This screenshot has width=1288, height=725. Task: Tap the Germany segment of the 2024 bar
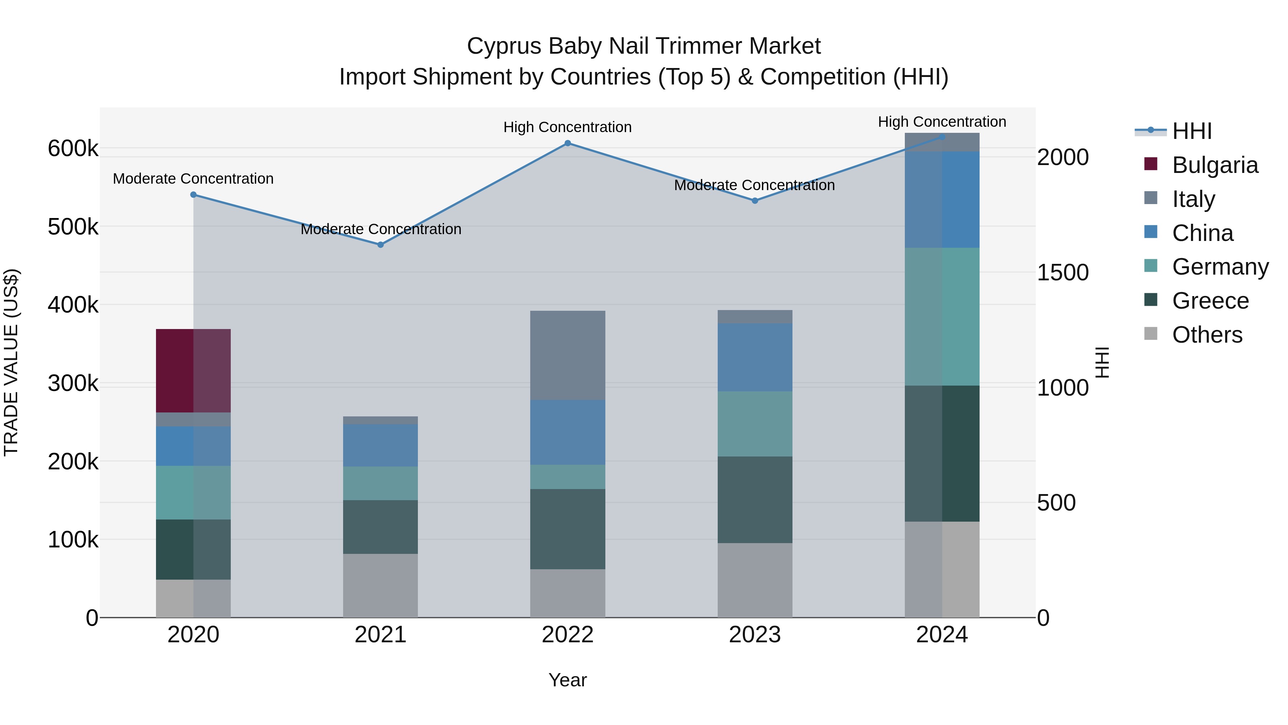(942, 317)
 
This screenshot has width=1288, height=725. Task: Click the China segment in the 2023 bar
(755, 357)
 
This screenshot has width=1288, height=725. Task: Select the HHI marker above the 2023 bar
(755, 200)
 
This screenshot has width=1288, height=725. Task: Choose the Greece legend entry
(1210, 301)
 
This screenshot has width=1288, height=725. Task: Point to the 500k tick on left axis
(73, 227)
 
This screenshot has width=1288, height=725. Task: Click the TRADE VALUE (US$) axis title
(11, 362)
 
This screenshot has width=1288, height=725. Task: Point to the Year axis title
(567, 680)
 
